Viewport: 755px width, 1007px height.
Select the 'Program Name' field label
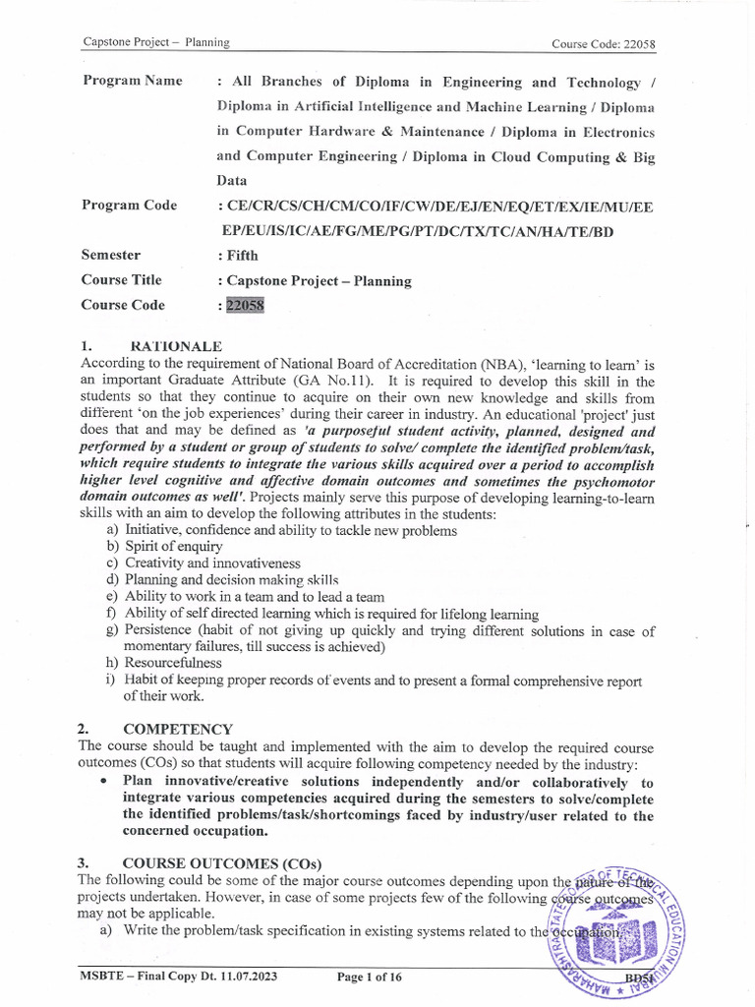pyautogui.click(x=132, y=81)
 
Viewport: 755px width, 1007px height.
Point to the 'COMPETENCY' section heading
pyautogui.click(x=178, y=729)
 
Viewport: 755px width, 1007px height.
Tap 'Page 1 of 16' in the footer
pyautogui.click(x=370, y=977)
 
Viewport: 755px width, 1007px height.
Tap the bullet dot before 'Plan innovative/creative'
pyautogui.click(x=104, y=781)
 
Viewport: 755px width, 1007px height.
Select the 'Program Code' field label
pyautogui.click(x=130, y=206)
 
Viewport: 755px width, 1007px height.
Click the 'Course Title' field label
pyautogui.click(x=122, y=280)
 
